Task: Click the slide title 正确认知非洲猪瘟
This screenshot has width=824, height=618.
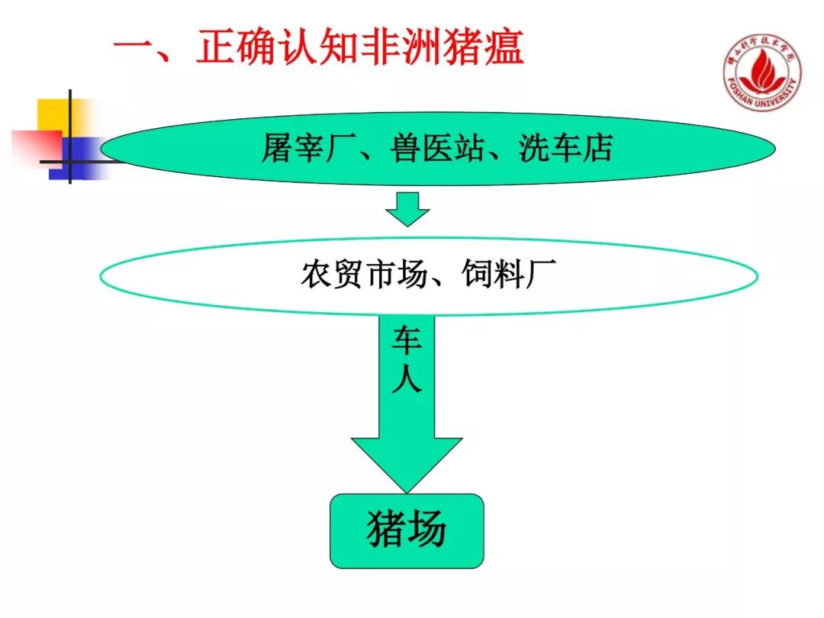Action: pos(359,48)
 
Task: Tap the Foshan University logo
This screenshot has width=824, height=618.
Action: pos(762,73)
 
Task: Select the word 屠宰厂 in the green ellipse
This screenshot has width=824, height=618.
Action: pos(299,149)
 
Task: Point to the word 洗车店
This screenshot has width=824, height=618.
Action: pos(565,149)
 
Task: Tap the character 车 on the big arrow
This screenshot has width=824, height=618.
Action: pos(407,342)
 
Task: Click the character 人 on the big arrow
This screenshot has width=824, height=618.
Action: pos(407,378)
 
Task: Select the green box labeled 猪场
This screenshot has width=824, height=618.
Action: pos(407,530)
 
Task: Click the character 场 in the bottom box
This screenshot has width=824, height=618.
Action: pos(427,529)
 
